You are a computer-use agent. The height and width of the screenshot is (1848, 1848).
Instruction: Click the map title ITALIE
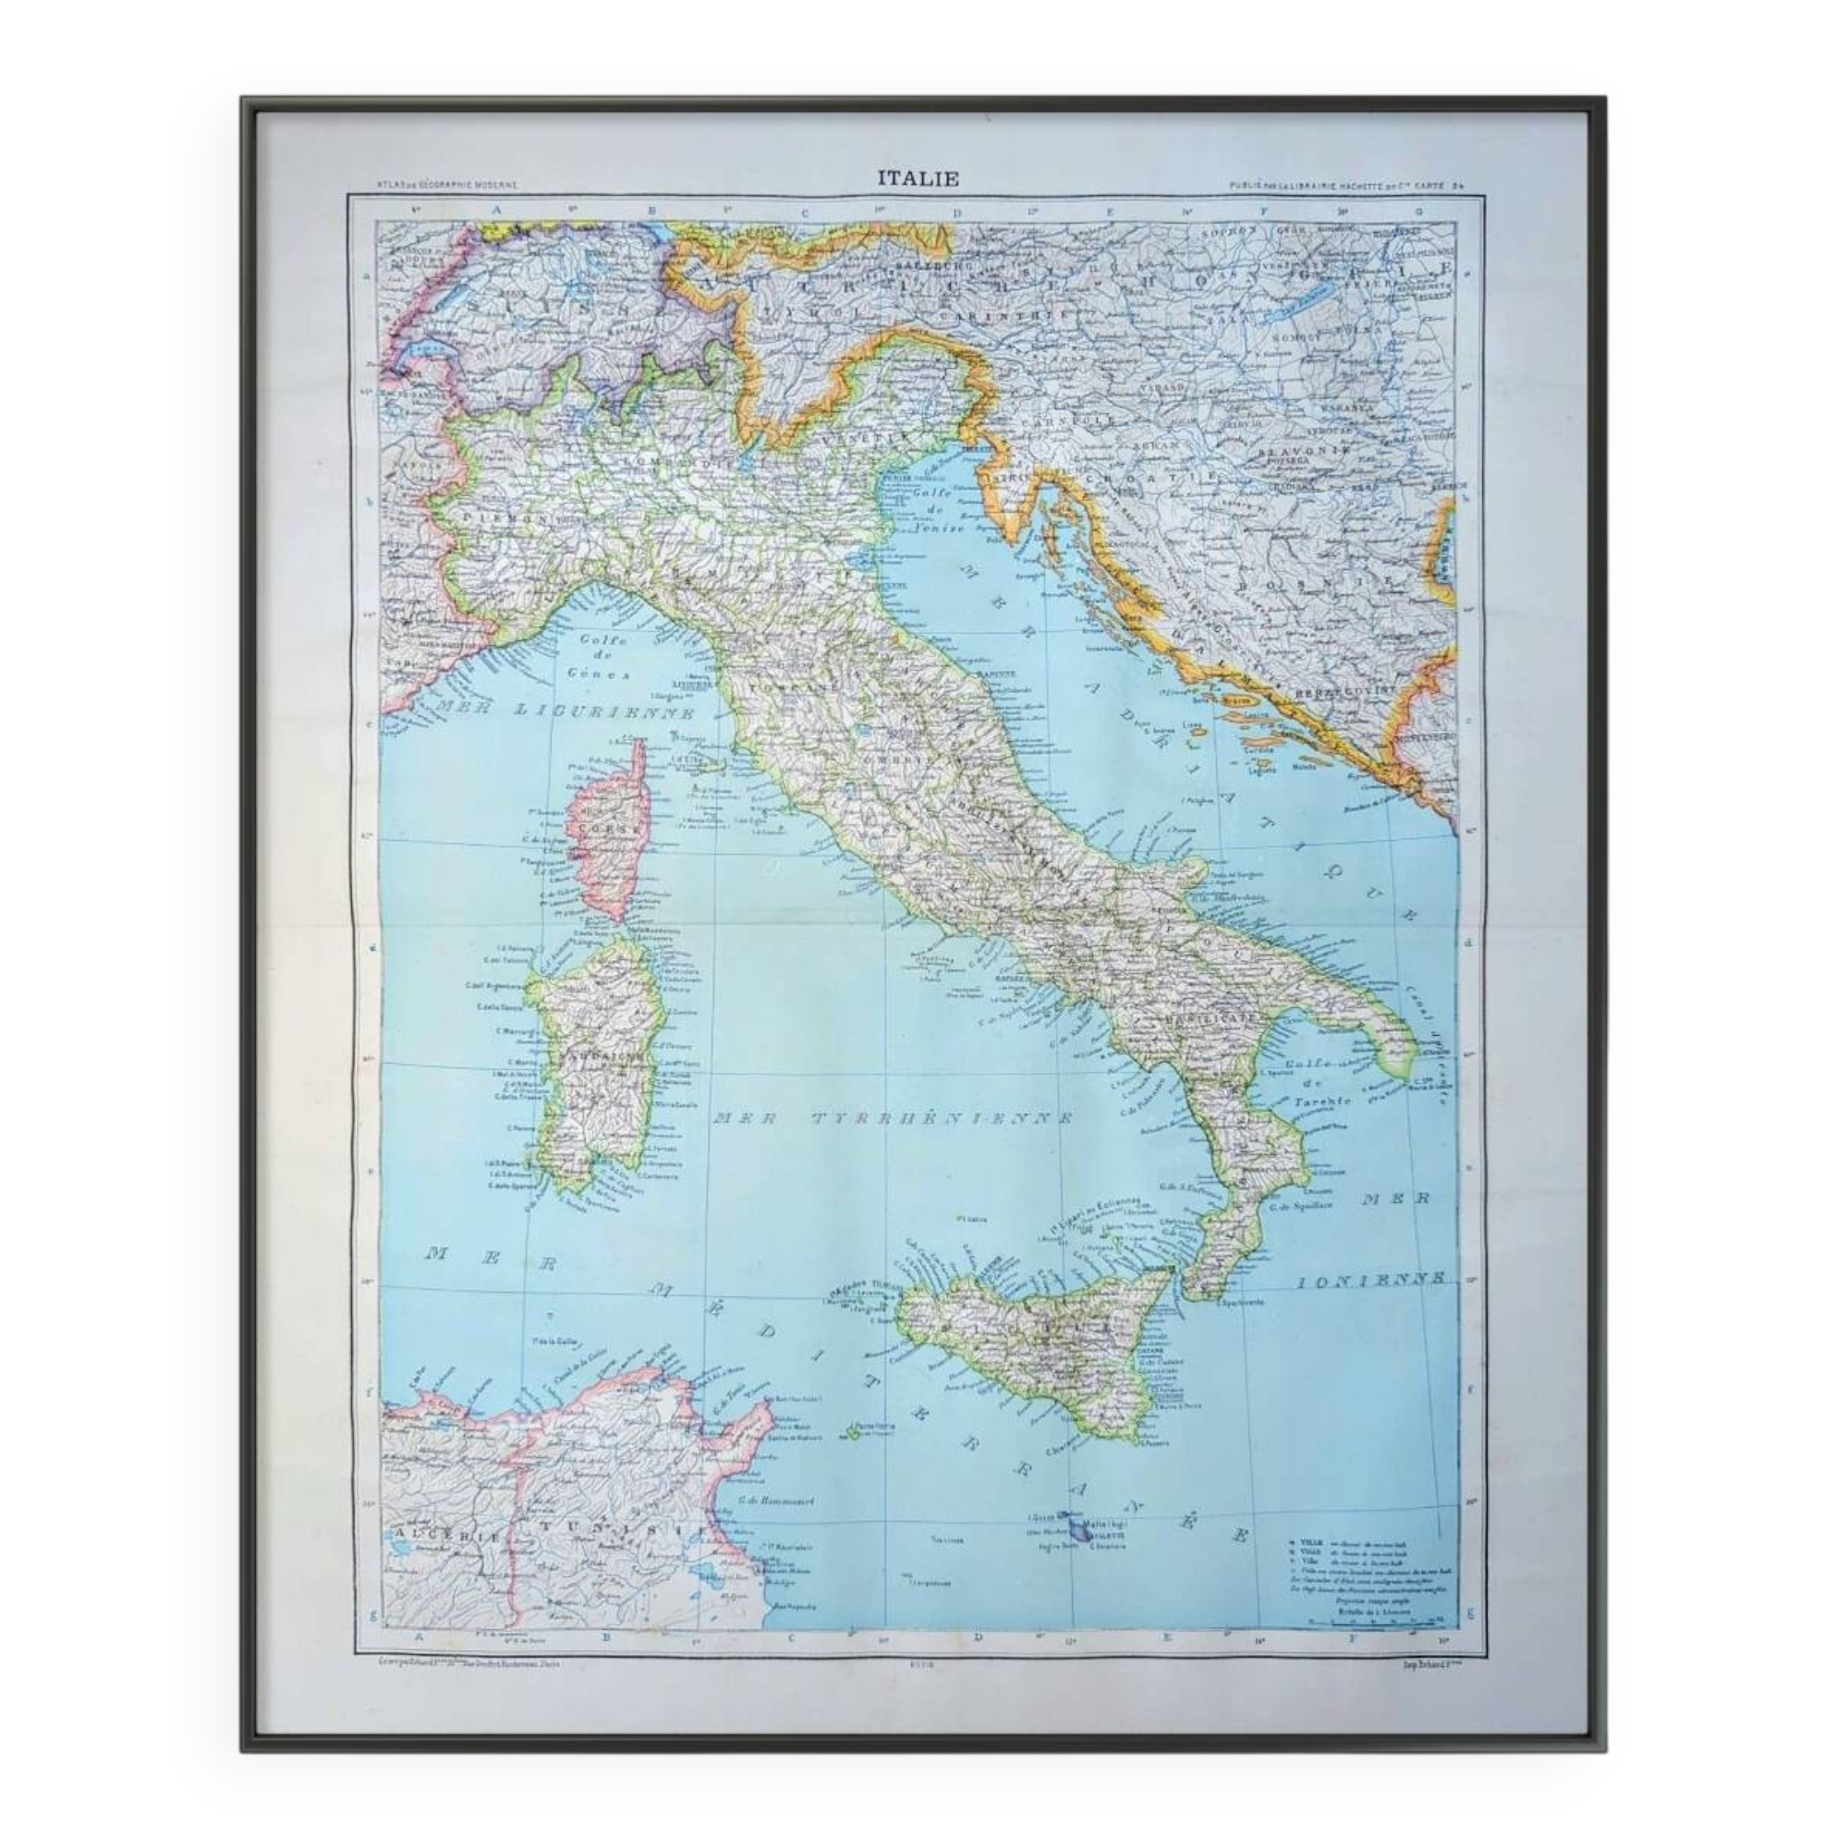[x=918, y=178]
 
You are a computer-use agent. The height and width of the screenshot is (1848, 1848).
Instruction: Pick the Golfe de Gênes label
[x=602, y=657]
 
